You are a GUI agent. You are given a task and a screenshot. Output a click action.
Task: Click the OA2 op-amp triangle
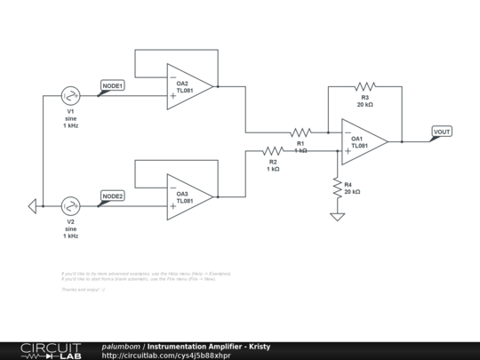pos(188,87)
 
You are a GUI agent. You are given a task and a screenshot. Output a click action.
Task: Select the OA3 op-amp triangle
pos(188,197)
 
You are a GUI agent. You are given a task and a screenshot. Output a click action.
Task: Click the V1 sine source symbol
pos(70,96)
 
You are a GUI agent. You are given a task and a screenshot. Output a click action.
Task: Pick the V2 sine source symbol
pos(70,206)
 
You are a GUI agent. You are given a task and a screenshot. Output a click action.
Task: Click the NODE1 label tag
pos(112,86)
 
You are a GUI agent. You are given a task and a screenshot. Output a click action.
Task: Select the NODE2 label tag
pos(112,196)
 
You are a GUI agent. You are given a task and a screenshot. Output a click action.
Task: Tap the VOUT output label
pos(441,132)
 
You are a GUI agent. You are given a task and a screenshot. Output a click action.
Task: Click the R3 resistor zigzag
pos(364,86)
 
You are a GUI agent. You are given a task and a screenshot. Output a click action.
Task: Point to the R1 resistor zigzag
pos(300,132)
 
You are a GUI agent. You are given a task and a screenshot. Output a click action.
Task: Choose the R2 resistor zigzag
pos(273,151)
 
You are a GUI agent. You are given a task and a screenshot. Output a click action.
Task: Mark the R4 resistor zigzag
pos(337,188)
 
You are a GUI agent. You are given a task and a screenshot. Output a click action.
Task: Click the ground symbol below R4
pos(337,216)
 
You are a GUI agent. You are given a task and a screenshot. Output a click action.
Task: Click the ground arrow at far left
pos(32,206)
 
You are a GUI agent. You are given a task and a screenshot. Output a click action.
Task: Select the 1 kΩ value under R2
pos(273,169)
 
